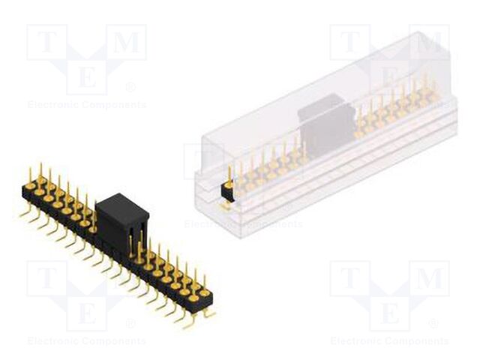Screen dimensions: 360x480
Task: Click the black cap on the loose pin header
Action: [x=122, y=217]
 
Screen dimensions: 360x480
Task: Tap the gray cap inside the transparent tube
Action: [x=325, y=120]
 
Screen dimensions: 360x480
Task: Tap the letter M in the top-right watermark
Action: [x=429, y=43]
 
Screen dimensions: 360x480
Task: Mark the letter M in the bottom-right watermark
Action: [x=429, y=280]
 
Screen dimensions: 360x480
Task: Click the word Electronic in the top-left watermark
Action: [x=52, y=105]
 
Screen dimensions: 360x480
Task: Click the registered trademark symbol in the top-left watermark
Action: [x=131, y=88]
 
